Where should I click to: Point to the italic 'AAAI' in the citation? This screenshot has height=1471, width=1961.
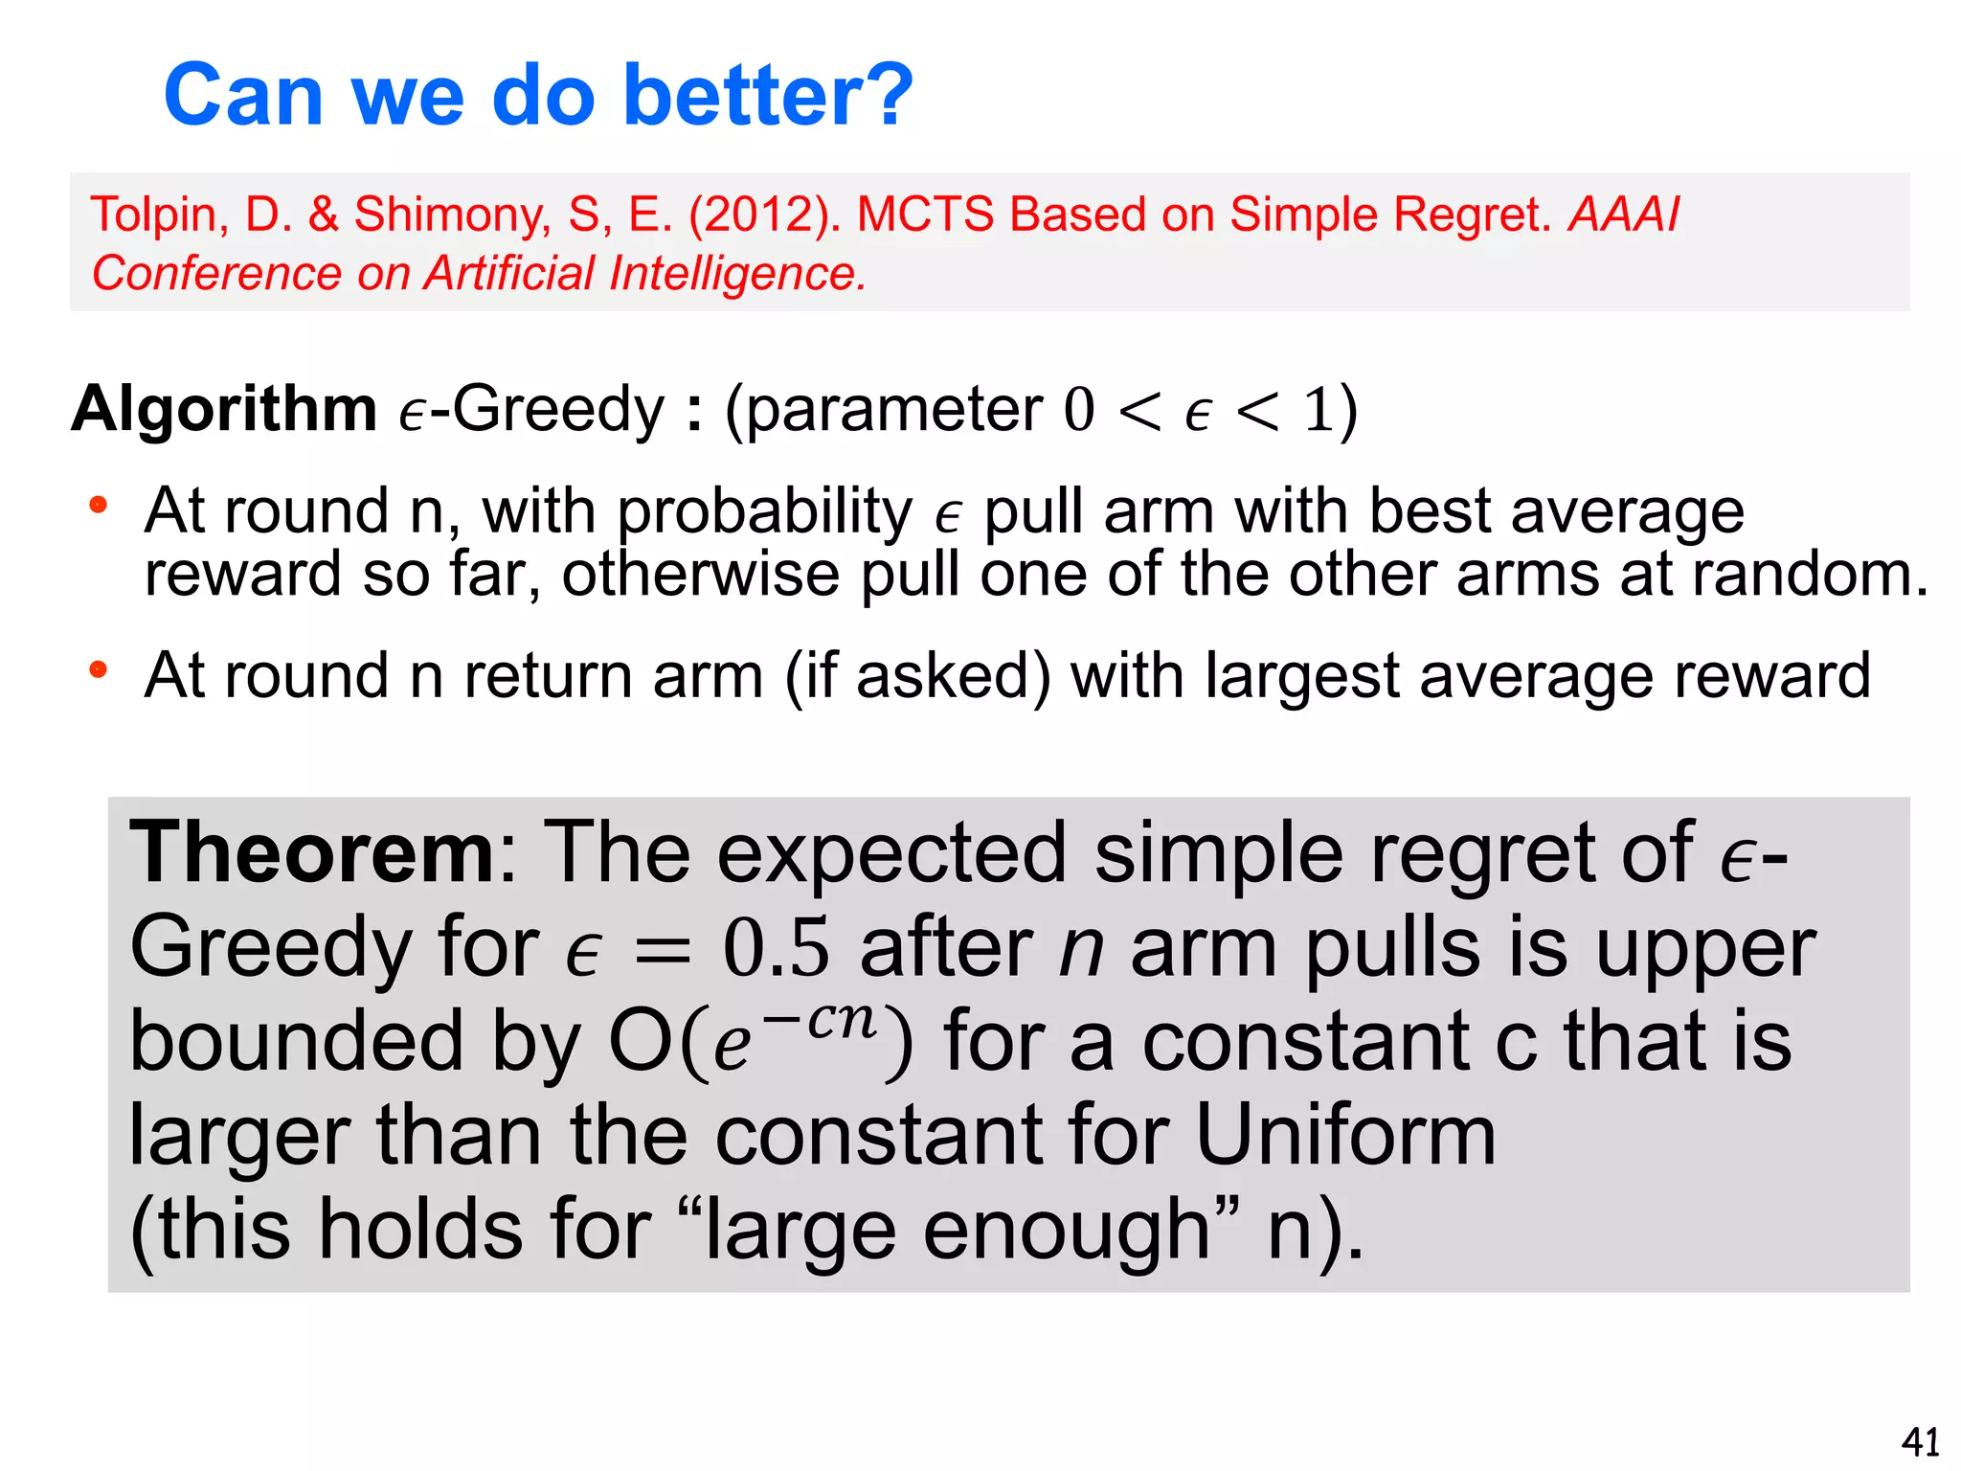[x=1624, y=215]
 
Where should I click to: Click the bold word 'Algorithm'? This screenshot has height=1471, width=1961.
[x=224, y=409]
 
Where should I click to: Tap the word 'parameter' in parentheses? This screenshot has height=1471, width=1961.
[x=893, y=410]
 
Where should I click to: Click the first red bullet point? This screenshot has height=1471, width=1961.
[x=98, y=505]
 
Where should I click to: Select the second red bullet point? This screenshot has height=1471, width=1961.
[x=98, y=669]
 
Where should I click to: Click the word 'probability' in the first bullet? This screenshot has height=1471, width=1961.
[x=764, y=511]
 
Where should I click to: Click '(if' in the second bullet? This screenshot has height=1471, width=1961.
[x=814, y=676]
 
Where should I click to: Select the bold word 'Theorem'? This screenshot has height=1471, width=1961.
[x=312, y=851]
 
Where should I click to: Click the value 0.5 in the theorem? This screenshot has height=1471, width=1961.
[x=776, y=947]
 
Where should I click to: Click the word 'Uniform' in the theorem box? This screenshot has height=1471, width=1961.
[x=1345, y=1135]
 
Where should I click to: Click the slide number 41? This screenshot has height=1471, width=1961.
[x=1920, y=1441]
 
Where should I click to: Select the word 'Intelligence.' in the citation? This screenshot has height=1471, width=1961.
[x=738, y=274]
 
